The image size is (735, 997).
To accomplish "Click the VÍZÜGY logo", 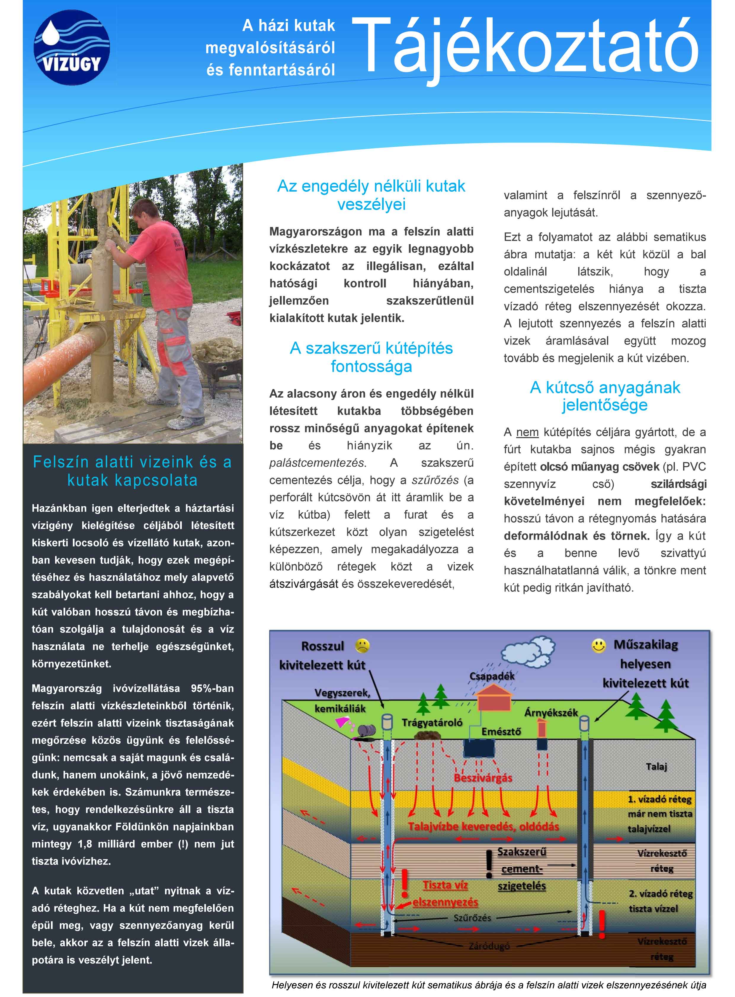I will pyautogui.click(x=72, y=48).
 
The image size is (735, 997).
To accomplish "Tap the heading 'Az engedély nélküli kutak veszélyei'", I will pyautogui.click(x=371, y=195).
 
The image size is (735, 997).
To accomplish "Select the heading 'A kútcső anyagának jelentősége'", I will pyautogui.click(x=605, y=396).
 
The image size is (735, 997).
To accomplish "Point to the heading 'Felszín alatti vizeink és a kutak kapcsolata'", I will pyautogui.click(x=133, y=471).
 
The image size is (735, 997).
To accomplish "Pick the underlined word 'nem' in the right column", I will pyautogui.click(x=527, y=432).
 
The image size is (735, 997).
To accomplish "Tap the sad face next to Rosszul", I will pyautogui.click(x=363, y=646).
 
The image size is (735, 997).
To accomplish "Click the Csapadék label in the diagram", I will pyautogui.click(x=492, y=676).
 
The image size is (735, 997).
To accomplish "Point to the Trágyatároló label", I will pyautogui.click(x=432, y=723).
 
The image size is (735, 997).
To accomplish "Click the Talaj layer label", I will pyautogui.click(x=656, y=766).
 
